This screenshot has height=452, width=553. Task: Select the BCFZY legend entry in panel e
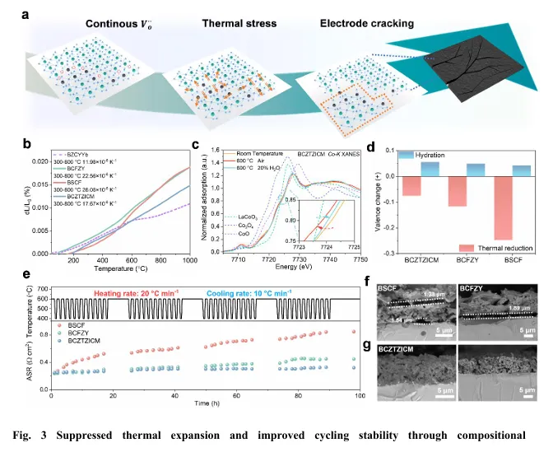click(x=72, y=337)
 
